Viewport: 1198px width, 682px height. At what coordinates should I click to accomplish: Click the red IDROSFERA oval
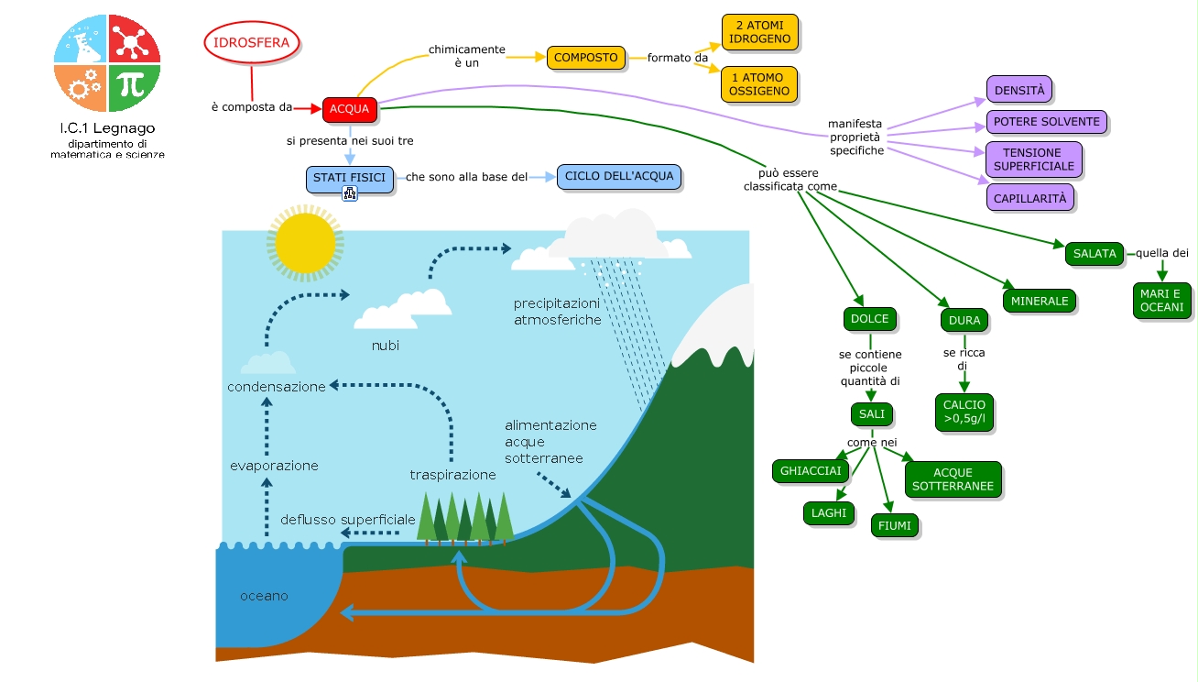(251, 43)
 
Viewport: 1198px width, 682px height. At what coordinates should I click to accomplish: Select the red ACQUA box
(349, 109)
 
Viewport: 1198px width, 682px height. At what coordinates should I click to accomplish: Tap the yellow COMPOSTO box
(586, 58)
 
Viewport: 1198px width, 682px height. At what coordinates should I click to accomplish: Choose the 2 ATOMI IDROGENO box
(759, 32)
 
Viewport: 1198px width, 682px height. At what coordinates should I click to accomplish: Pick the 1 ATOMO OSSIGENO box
(759, 84)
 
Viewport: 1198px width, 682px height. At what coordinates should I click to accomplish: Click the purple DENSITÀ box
(1019, 91)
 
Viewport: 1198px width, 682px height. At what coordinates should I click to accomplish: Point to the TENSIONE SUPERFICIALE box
(1033, 159)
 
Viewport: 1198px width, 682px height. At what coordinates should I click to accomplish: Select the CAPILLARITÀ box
(1029, 197)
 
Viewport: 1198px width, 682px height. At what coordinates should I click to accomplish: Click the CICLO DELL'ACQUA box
(619, 176)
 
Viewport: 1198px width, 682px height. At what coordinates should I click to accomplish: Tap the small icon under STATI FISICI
(349, 193)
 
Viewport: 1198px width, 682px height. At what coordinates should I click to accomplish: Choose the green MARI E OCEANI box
(1161, 300)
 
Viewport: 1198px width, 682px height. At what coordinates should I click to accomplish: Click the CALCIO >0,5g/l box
(964, 412)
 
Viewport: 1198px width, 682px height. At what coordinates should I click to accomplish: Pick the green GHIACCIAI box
(811, 471)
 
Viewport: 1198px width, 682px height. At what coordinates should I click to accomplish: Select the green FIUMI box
(895, 525)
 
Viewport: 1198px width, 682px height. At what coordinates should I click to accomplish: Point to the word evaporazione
(274, 466)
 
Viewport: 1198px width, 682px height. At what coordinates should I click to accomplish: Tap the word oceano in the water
(264, 596)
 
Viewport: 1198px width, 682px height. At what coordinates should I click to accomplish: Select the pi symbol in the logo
(134, 86)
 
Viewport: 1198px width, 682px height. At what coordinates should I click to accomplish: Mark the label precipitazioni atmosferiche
(557, 312)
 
